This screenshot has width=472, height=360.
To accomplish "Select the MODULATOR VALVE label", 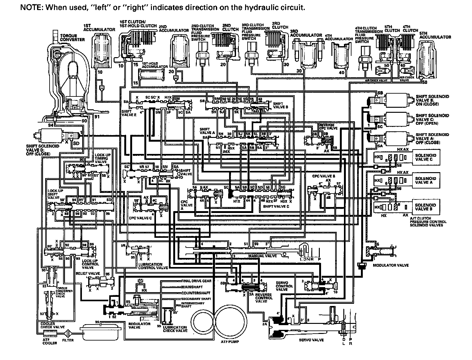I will tap(391, 265).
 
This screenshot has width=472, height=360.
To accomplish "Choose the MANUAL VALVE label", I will tap(262, 256).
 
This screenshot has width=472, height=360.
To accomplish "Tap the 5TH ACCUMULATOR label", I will tap(435, 35).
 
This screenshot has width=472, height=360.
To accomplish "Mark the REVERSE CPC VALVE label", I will tap(329, 127).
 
